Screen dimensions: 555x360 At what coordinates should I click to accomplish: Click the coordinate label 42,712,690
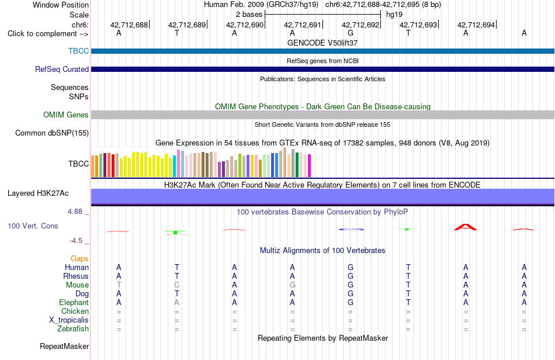[x=245, y=25]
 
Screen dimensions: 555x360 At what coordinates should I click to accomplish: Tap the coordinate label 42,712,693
[x=418, y=25]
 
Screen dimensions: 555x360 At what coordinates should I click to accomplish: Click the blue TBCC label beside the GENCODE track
[x=79, y=51]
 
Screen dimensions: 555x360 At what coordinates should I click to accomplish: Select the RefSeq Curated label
[x=62, y=69]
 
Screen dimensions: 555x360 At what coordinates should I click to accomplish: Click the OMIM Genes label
[x=66, y=115]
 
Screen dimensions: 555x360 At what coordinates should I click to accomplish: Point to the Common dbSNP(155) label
[x=52, y=133]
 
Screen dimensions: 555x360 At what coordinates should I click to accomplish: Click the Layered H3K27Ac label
[x=38, y=193]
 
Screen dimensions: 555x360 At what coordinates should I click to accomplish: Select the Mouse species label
[x=77, y=285]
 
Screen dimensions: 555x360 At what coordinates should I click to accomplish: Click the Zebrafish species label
[x=73, y=329]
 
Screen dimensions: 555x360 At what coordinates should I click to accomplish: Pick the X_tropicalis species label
[x=69, y=320]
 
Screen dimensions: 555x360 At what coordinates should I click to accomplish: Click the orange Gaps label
[x=79, y=259]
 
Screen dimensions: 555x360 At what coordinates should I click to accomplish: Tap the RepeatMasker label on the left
[x=64, y=346]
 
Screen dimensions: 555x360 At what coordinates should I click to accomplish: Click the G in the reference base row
[x=351, y=33]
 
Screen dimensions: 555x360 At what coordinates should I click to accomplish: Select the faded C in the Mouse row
[x=176, y=285]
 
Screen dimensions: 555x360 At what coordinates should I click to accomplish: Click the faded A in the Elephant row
[x=176, y=302]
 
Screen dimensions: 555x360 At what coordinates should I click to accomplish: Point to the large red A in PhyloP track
[x=466, y=227]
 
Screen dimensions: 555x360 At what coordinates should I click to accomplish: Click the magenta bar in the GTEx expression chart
[x=310, y=165]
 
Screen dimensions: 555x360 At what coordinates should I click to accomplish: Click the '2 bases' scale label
[x=249, y=15]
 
